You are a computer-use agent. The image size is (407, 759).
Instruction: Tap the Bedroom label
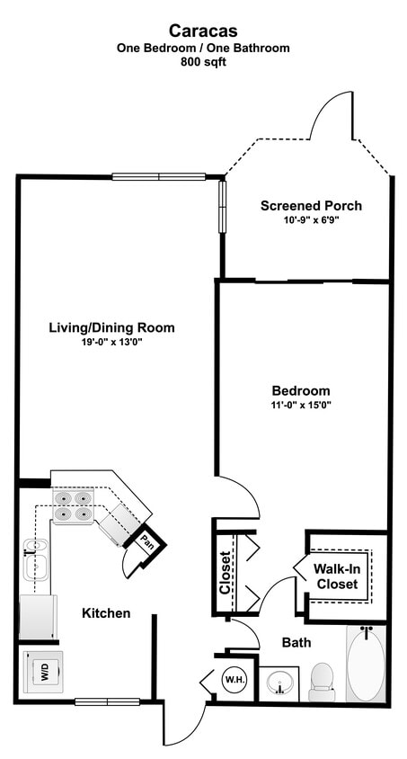click(x=301, y=391)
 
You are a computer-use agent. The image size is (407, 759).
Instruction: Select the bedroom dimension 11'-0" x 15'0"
click(x=301, y=406)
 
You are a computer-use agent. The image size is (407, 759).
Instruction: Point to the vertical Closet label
click(x=226, y=572)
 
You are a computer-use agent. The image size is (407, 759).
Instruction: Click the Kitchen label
click(x=106, y=613)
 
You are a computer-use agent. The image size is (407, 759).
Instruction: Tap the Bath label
click(x=296, y=643)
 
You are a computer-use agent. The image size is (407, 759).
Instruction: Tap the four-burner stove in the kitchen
click(x=73, y=506)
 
